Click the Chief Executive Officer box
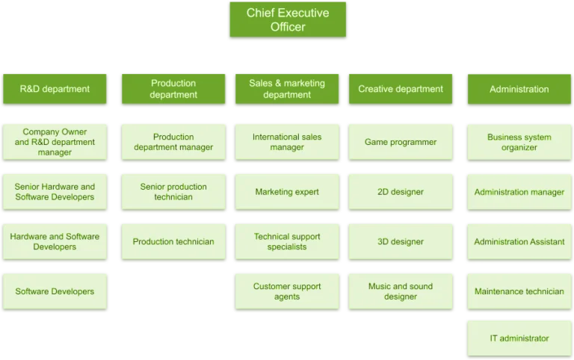pyautogui.click(x=288, y=19)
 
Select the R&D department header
pyautogui.click(x=55, y=89)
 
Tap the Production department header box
pyautogui.click(x=173, y=89)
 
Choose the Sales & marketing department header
pyautogui.click(x=287, y=89)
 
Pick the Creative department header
pyautogui.click(x=401, y=89)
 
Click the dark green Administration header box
pyautogui.click(x=519, y=89)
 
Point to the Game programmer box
pyautogui.click(x=401, y=142)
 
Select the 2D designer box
pyautogui.click(x=401, y=192)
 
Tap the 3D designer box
pyautogui.click(x=401, y=241)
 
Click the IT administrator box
pyautogui.click(x=519, y=338)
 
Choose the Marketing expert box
pyautogui.click(x=287, y=192)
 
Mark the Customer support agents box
pyautogui.click(x=287, y=291)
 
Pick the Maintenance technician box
pyautogui.click(x=519, y=291)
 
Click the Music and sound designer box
pyautogui.click(x=401, y=291)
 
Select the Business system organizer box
pyautogui.click(x=519, y=142)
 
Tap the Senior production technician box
pyautogui.click(x=173, y=192)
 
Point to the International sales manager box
pyautogui.click(x=287, y=142)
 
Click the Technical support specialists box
pyautogui.click(x=287, y=241)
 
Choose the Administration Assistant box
pyautogui.click(x=519, y=241)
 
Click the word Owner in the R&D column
pyautogui.click(x=74, y=131)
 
